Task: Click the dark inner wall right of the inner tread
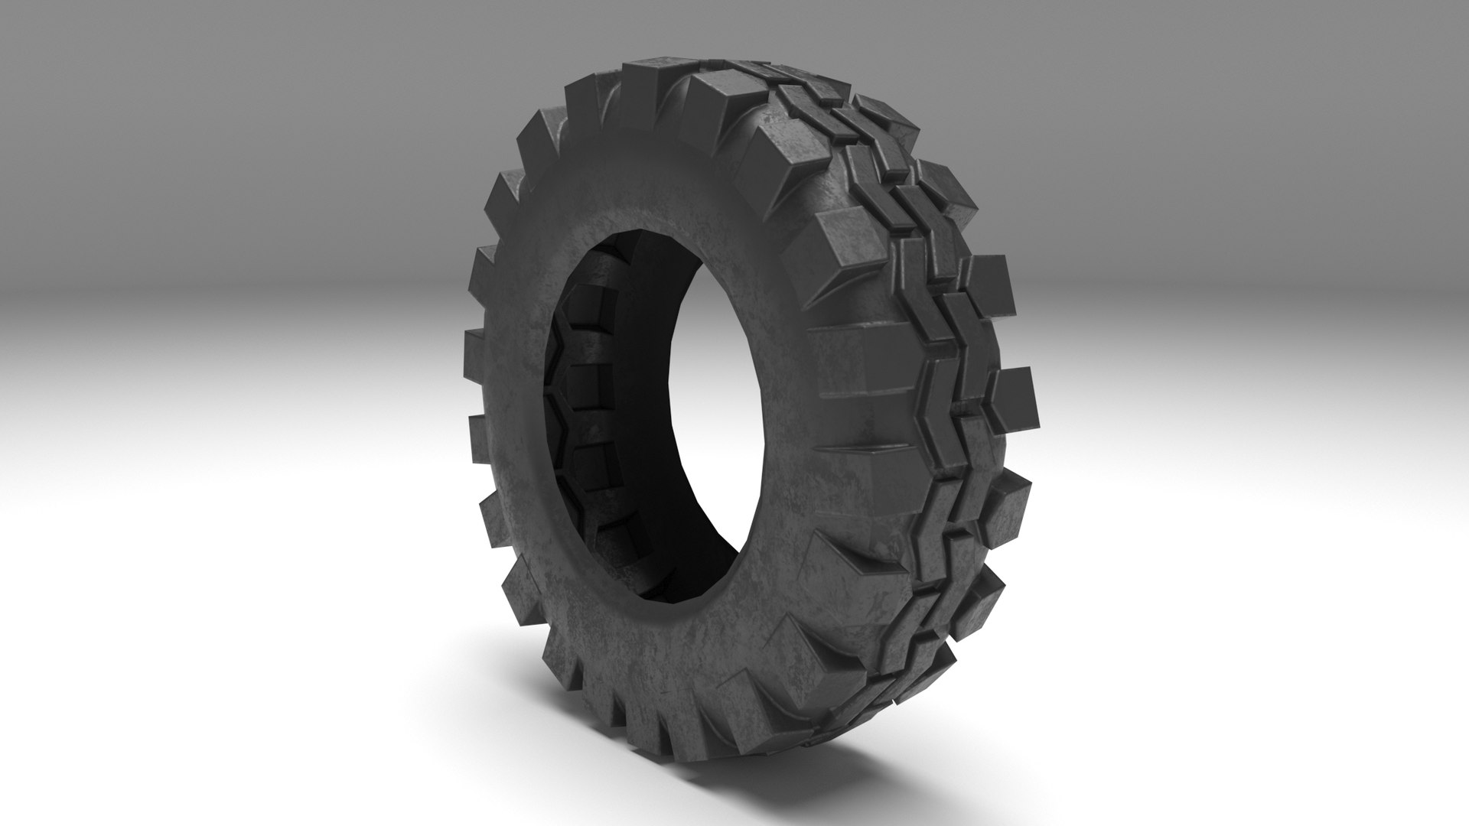tap(650, 459)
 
